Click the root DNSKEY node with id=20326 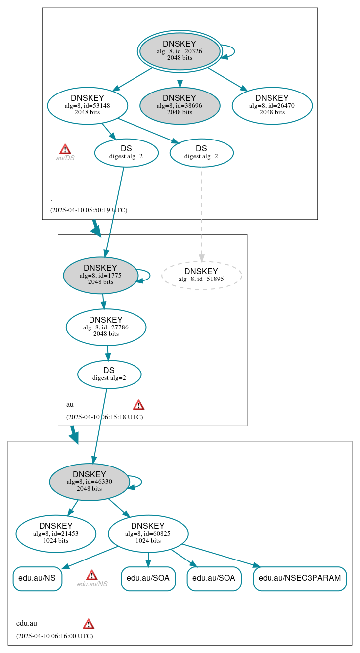point(180,51)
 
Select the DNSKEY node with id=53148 point(88,105)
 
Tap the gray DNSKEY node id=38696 point(180,105)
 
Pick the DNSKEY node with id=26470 point(272,105)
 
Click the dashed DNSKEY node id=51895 point(201,275)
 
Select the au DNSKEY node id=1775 point(100,275)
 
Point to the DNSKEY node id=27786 point(106,327)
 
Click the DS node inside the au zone point(109,374)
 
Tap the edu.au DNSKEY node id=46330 point(90,482)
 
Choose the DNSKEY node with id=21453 point(56,534)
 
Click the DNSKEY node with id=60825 point(148,534)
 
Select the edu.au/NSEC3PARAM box point(300,578)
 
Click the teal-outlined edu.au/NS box point(38,578)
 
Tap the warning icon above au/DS point(65,149)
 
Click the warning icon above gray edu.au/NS point(91,575)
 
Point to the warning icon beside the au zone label point(138,405)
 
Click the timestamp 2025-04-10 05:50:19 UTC point(89,210)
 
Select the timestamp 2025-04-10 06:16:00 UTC point(54,636)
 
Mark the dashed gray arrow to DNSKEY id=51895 point(201,213)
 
